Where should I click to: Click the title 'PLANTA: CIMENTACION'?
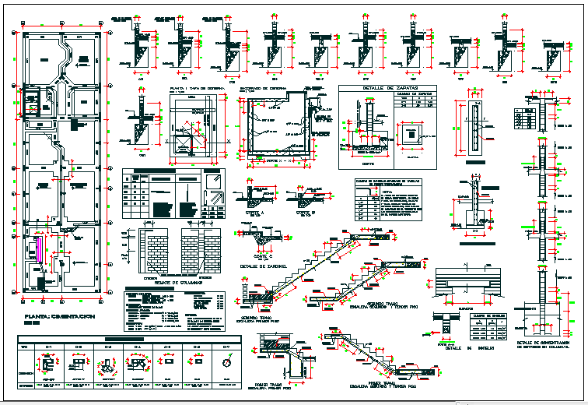[59, 317]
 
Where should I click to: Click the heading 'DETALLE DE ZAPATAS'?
[386, 90]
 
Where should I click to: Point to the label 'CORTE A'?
[254, 212]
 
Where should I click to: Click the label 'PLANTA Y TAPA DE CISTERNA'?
[197, 89]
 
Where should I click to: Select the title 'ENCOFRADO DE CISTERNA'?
[268, 89]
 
